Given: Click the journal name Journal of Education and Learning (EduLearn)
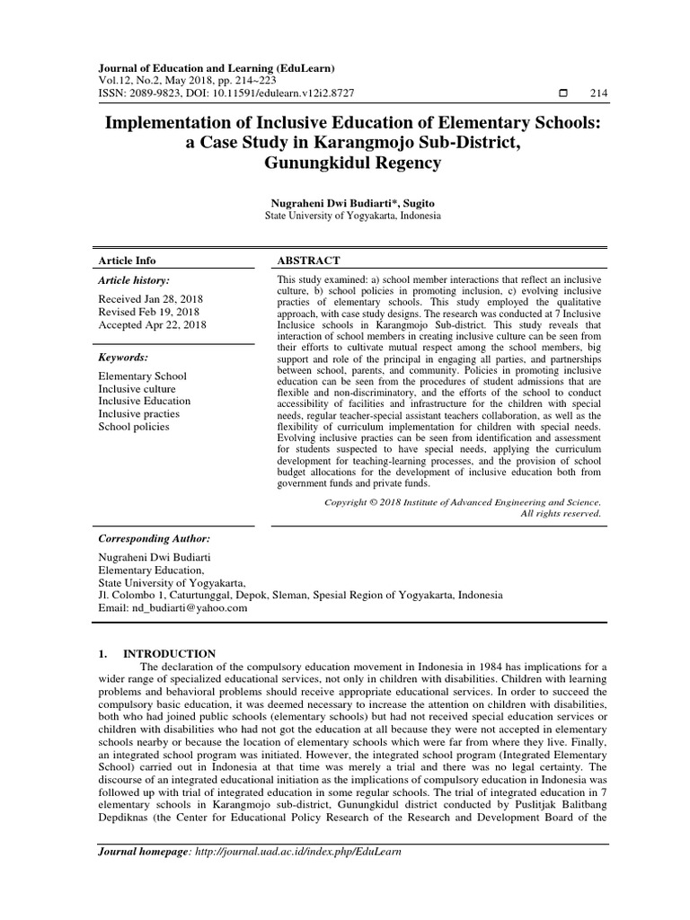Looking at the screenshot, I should click(217, 67).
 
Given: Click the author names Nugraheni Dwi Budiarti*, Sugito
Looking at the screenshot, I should click(346, 204).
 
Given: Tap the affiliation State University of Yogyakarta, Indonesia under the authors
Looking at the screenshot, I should click(346, 217).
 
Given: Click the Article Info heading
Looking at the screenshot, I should click(127, 260).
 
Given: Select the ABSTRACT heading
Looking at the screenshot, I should click(309, 260).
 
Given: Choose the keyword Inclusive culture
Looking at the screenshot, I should click(137, 388).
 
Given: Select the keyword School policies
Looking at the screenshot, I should click(134, 426).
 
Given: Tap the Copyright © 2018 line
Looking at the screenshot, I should click(462, 502).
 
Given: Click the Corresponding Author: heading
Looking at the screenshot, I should click(154, 539).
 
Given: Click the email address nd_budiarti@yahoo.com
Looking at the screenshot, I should click(172, 608).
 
